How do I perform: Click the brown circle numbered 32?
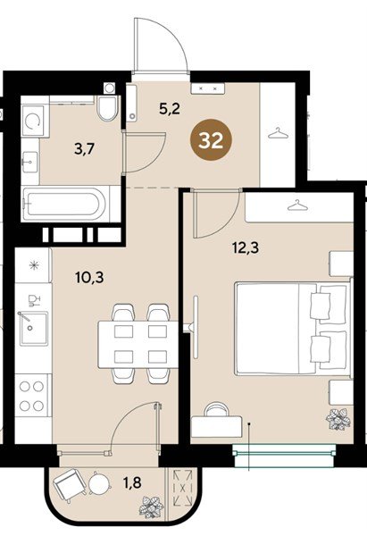tap(211, 140)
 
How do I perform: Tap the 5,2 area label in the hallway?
tap(170, 109)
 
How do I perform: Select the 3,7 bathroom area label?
tap(85, 149)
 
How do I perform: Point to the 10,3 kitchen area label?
tap(89, 277)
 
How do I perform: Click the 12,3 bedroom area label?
tap(246, 247)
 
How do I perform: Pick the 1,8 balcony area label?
tap(131, 482)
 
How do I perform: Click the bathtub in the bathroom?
tap(63, 205)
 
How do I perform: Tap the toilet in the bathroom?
tap(108, 108)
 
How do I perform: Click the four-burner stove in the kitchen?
tap(32, 396)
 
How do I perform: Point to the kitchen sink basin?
tap(33, 329)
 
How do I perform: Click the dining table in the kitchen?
tap(138, 344)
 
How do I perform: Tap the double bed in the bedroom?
tap(293, 329)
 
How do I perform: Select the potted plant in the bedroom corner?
tap(338, 418)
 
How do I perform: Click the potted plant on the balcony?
tap(152, 507)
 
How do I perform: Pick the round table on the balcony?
tap(99, 483)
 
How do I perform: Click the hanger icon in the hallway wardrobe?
tap(279, 132)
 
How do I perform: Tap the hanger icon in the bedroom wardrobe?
tap(298, 205)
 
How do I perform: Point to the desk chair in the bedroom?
tap(217, 409)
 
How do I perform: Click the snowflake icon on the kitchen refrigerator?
tap(34, 265)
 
